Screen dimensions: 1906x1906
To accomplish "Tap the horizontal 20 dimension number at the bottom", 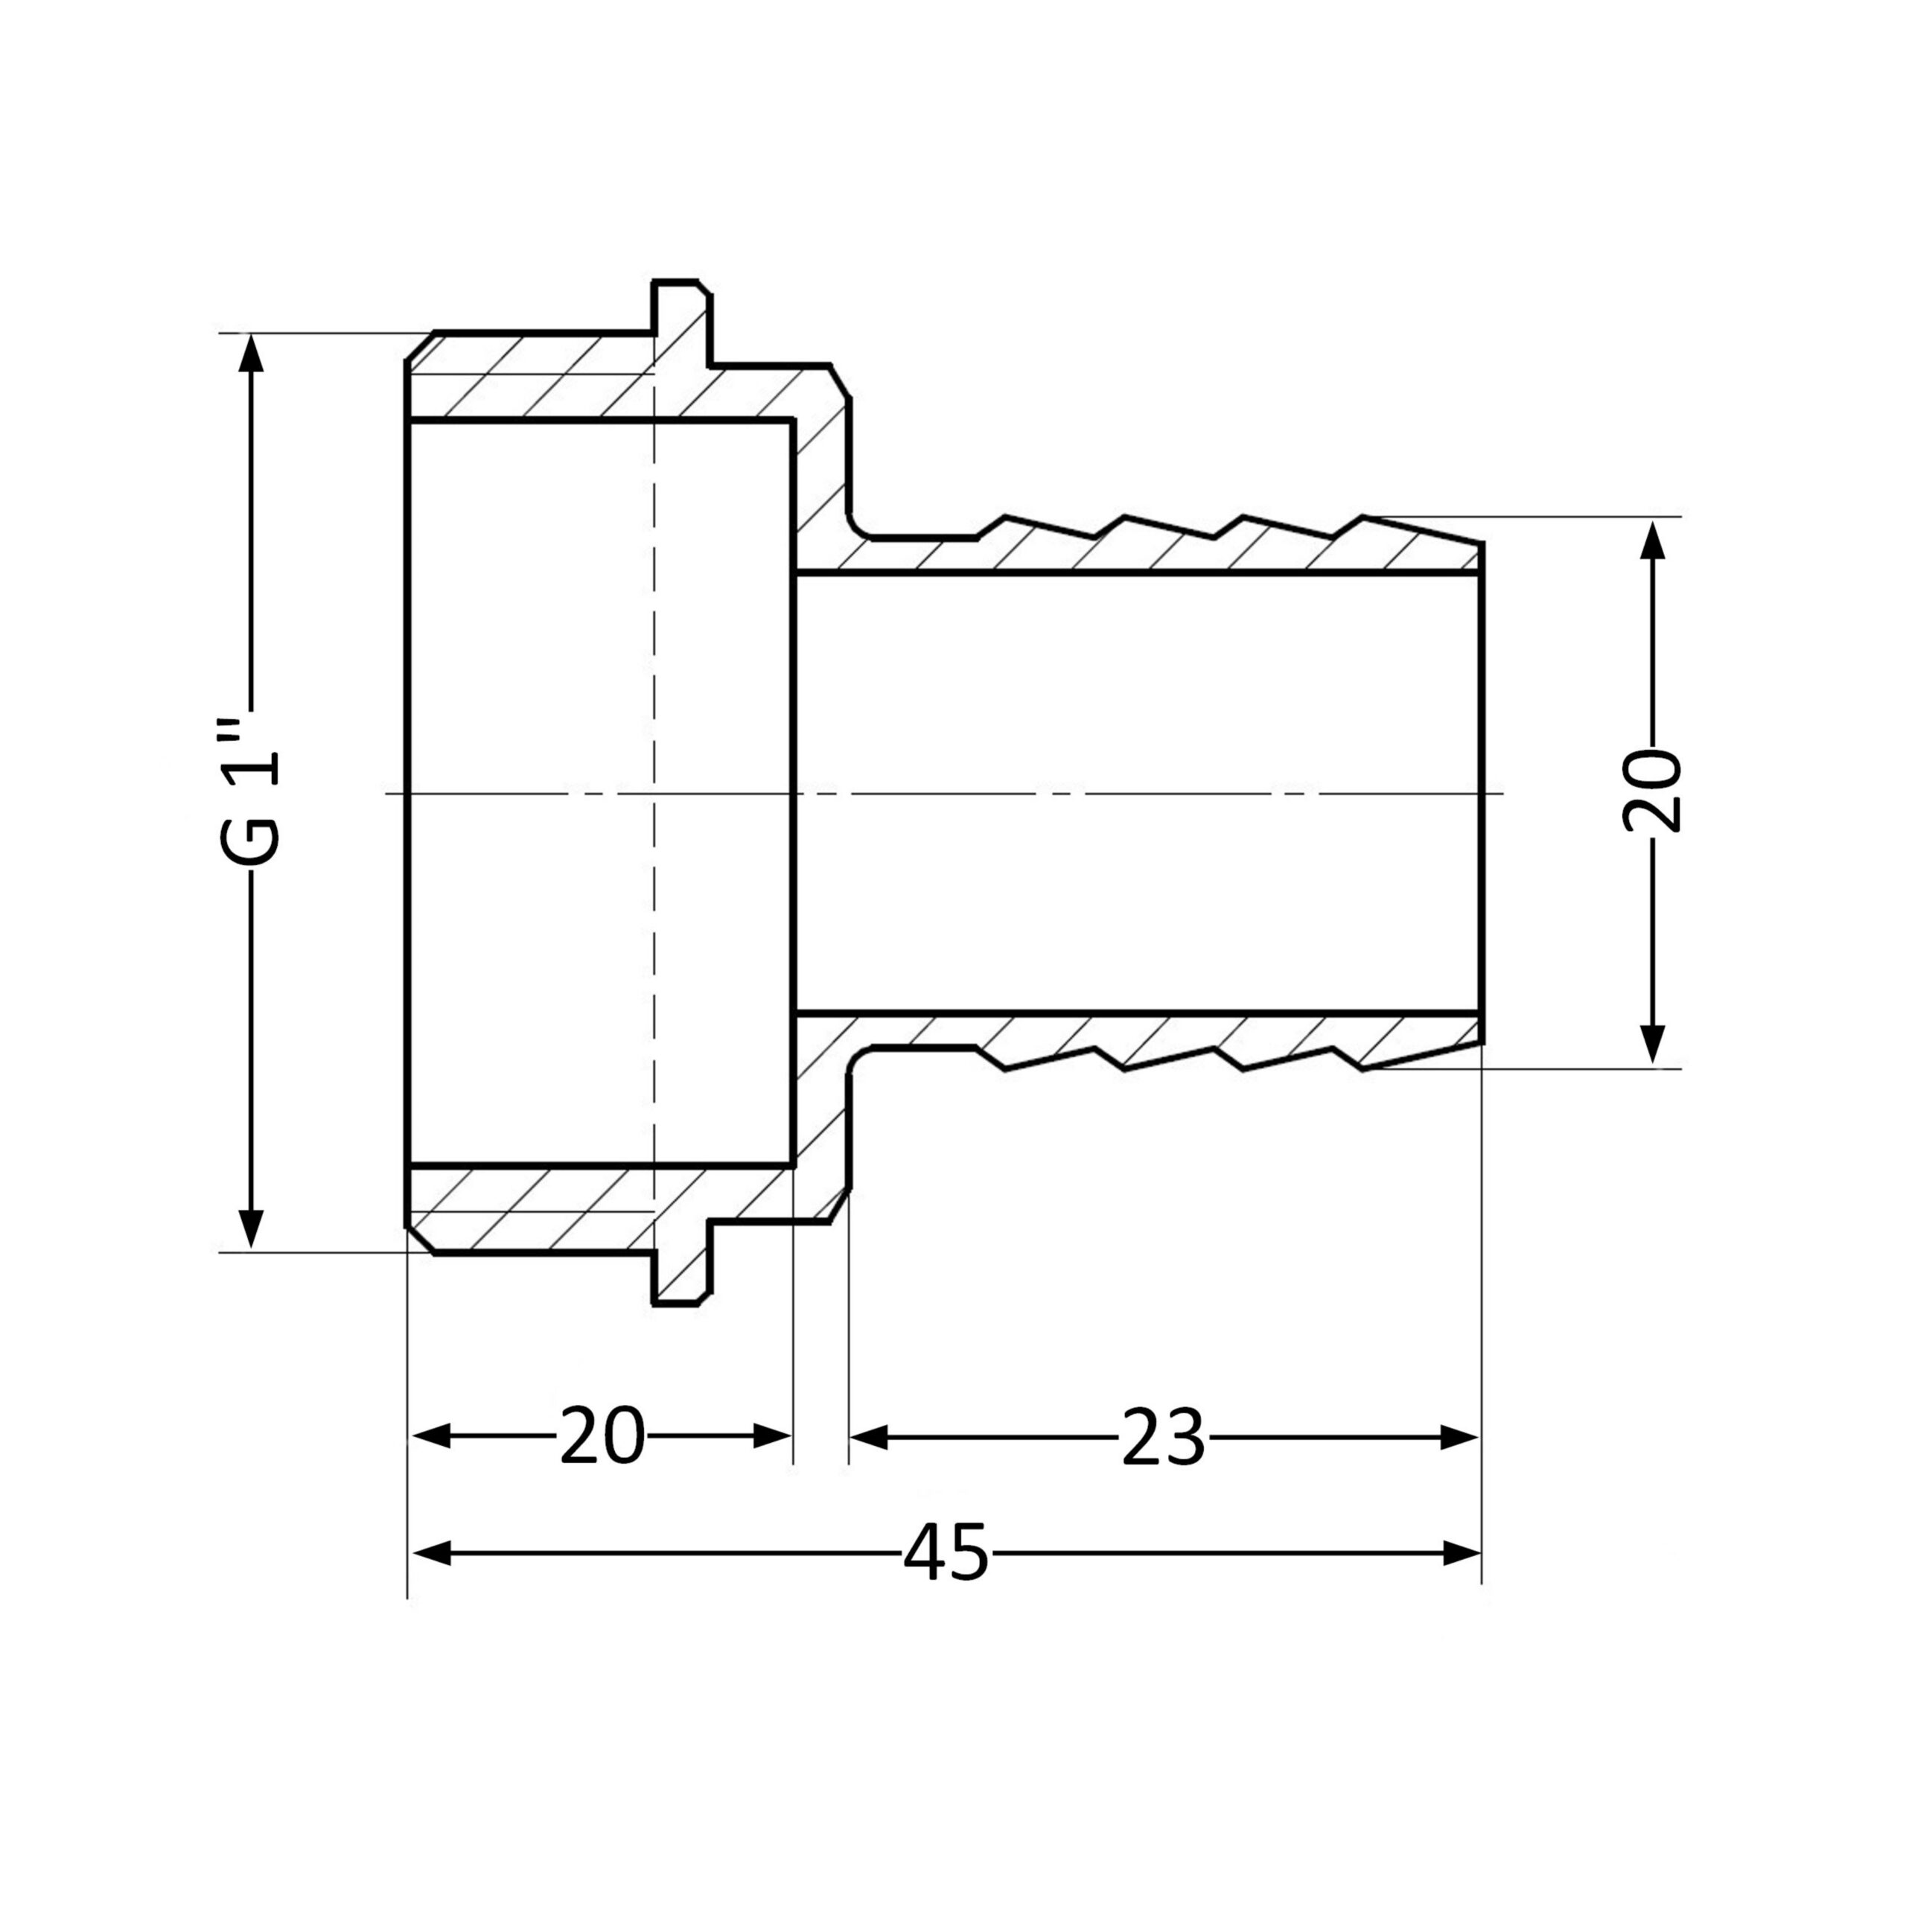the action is (x=602, y=1435).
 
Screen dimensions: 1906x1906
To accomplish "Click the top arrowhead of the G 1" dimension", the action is (x=252, y=352).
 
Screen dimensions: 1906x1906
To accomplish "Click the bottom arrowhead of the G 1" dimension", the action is (x=252, y=1229).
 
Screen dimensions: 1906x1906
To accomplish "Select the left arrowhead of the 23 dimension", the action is (x=869, y=1438).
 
